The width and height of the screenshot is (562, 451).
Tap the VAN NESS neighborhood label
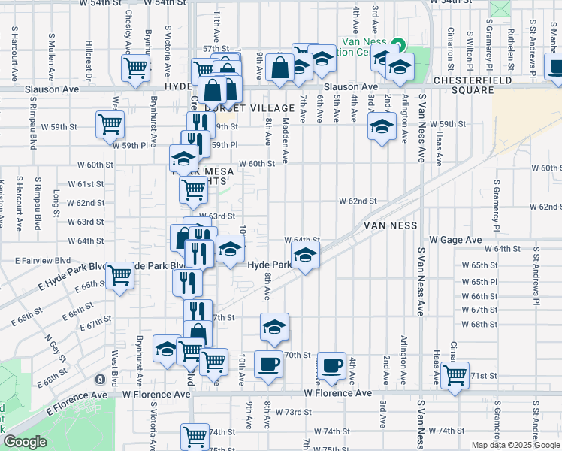(x=390, y=225)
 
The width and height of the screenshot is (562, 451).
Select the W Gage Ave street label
(x=455, y=239)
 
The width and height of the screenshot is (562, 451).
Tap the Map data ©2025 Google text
(x=515, y=445)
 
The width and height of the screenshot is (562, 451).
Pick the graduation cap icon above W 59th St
(x=382, y=126)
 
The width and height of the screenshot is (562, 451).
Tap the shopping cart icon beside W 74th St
(x=195, y=436)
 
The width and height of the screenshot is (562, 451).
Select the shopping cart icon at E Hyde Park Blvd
(x=120, y=275)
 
